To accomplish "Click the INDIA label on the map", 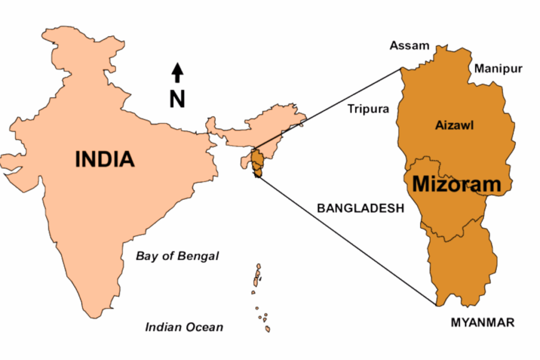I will [x=104, y=159].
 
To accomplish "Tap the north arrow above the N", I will [x=178, y=73].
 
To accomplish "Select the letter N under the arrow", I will [x=177, y=99].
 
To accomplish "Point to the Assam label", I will [x=410, y=46].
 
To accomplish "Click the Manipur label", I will [x=498, y=69].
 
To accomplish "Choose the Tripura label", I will [x=368, y=109].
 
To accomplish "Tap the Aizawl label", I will [x=455, y=125].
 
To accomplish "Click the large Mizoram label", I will [x=456, y=184].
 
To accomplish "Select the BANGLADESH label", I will [x=360, y=208].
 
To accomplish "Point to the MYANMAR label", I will [x=482, y=323].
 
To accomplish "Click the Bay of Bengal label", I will [x=177, y=256].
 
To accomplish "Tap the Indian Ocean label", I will [x=184, y=327].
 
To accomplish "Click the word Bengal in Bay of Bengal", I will [x=200, y=256].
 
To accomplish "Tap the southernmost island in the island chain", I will [x=268, y=328].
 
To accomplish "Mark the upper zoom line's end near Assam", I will [x=401, y=68].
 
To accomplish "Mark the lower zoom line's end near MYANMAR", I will [x=436, y=305].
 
